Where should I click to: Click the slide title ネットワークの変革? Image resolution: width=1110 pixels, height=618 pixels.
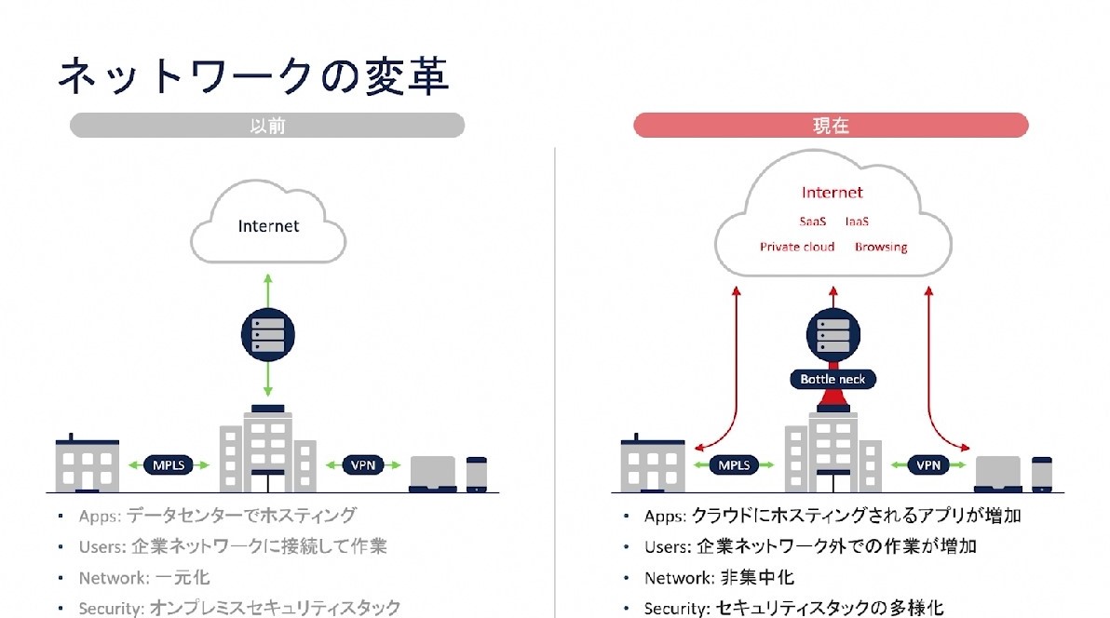pyautogui.click(x=252, y=77)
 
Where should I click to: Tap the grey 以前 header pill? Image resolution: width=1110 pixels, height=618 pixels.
pyautogui.click(x=267, y=126)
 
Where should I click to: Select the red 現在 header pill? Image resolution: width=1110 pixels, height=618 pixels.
pyautogui.click(x=831, y=126)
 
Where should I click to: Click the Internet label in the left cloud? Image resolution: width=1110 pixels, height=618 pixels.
pyautogui.click(x=268, y=226)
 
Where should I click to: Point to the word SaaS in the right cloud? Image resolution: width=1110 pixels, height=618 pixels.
pyautogui.click(x=812, y=222)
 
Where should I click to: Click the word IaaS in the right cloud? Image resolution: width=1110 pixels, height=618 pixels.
pyautogui.click(x=857, y=222)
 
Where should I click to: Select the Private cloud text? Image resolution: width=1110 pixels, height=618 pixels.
pyautogui.click(x=797, y=247)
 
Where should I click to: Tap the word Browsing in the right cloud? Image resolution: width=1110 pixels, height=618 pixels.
pyautogui.click(x=881, y=247)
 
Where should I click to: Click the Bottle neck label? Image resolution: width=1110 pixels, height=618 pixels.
pyautogui.click(x=832, y=379)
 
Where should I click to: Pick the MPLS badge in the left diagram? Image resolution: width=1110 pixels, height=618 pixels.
pyautogui.click(x=169, y=463)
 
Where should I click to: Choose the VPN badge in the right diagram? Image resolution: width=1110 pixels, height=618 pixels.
pyautogui.click(x=927, y=464)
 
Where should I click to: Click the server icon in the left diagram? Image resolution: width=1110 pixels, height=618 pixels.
pyautogui.click(x=268, y=333)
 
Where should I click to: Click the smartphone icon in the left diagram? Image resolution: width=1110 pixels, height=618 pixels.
pyautogui.click(x=477, y=474)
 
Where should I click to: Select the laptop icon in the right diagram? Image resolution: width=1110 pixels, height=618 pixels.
pyautogui.click(x=998, y=474)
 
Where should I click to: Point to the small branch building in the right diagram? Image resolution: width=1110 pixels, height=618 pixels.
pyautogui.click(x=653, y=463)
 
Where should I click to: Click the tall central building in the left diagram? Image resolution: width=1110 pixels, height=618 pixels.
pyautogui.click(x=268, y=450)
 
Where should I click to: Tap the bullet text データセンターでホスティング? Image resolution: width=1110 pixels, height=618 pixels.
pyautogui.click(x=241, y=515)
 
